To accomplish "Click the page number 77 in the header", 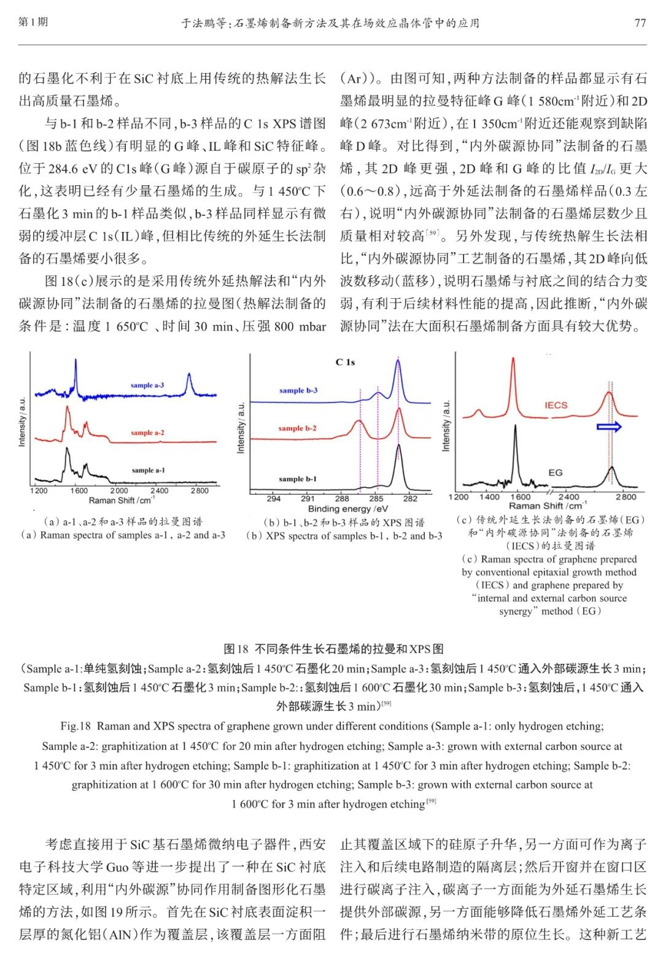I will point(640,23).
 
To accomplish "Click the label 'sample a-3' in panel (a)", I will point(147,385).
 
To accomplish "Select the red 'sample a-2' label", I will point(147,433).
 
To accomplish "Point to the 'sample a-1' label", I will point(148,470).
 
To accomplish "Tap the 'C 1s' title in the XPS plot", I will point(345,362).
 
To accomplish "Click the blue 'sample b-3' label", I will point(298,390).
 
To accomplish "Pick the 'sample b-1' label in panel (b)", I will point(298,479).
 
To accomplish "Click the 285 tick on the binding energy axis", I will point(376,499).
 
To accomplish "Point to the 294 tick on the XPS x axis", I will point(274,499).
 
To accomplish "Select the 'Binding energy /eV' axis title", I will point(348,509).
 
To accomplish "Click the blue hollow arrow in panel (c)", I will point(609,426).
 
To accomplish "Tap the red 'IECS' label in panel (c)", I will point(556,405).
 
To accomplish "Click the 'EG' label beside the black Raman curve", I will point(556,472).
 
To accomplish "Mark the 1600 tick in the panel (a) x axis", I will point(79,491).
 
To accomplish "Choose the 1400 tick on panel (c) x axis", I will point(489,497).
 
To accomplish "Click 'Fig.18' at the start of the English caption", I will point(76,726).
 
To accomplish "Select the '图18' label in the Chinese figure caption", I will point(236,649).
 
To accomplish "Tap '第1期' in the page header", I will point(33,22).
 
